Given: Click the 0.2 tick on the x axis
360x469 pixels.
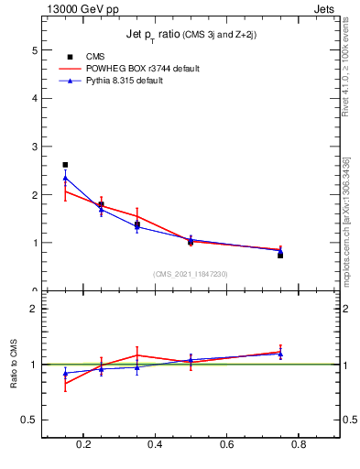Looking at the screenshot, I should (83, 445).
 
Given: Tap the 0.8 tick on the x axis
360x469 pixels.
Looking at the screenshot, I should (297, 445).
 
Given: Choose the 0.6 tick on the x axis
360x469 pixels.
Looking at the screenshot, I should (225, 445).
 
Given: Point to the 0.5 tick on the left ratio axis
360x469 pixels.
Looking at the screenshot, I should (30, 420).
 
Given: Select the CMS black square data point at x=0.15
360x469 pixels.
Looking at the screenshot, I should (65, 165).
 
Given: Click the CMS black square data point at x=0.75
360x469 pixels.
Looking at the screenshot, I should (279, 255).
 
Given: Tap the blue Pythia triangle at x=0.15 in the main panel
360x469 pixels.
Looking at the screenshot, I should (65, 178).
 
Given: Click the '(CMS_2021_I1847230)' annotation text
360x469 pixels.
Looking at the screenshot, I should (191, 274).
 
